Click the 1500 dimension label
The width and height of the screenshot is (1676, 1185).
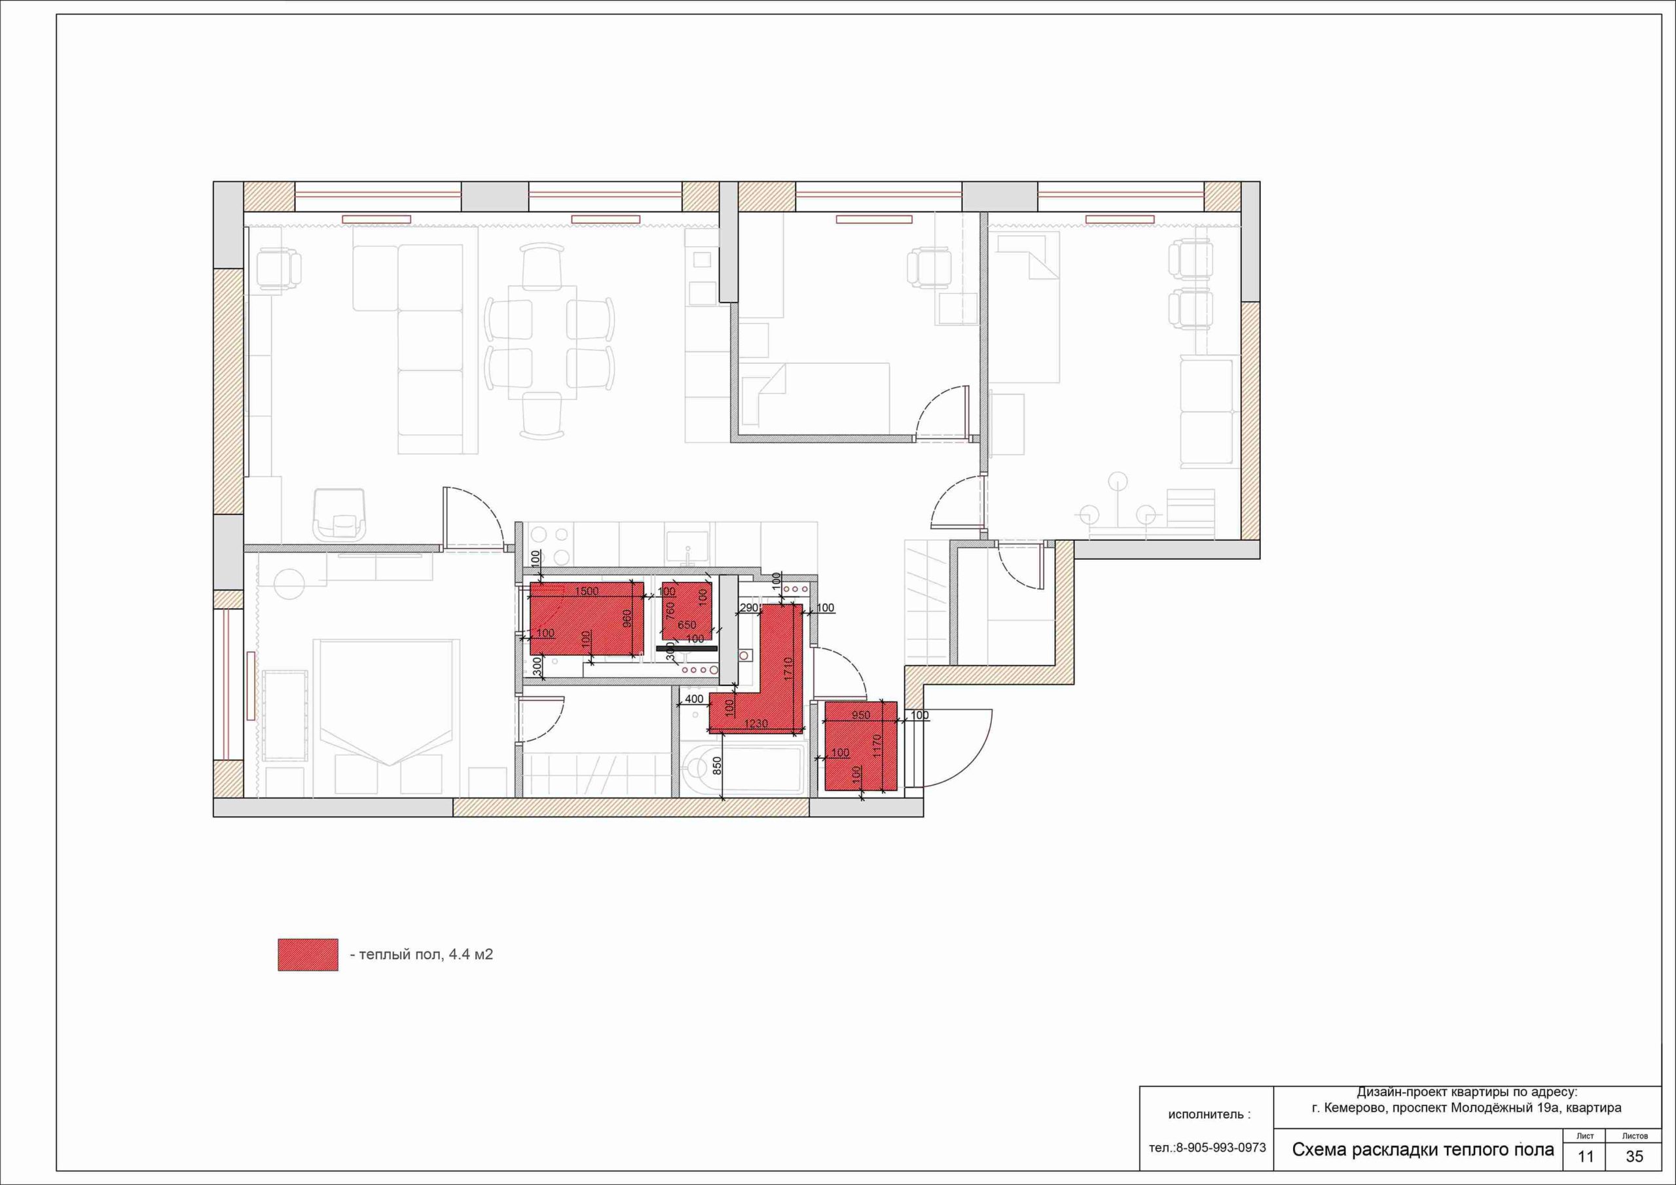point(586,591)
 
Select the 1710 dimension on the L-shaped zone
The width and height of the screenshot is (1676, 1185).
point(788,670)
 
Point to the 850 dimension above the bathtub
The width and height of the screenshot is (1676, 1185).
point(717,765)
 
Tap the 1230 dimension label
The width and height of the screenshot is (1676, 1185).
point(756,723)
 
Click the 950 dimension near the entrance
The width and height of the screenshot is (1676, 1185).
point(861,715)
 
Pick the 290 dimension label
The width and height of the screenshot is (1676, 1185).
point(750,608)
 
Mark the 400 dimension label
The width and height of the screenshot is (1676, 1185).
point(694,699)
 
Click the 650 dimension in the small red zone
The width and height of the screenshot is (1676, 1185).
point(686,625)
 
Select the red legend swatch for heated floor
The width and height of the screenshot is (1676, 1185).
point(308,955)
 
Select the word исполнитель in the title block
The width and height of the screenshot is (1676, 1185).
point(1205,1114)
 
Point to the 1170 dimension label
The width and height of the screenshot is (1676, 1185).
point(877,746)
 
